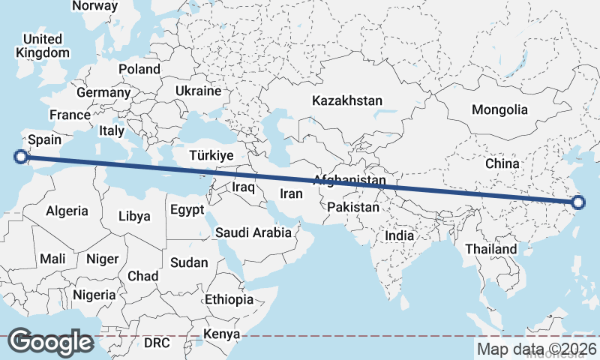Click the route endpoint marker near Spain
[21, 156]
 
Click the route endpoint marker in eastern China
[578, 202]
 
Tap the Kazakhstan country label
[348, 100]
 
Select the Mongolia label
[499, 109]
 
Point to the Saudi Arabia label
[253, 232]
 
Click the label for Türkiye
[212, 155]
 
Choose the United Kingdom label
[43, 46]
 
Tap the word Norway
[94, 6]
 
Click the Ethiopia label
[229, 299]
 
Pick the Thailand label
[490, 249]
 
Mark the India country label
[399, 235]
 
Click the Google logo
[50, 342]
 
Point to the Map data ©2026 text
[537, 349]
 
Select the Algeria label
[67, 211]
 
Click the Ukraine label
[198, 91]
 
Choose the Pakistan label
[353, 206]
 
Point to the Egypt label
[187, 210]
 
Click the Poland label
[139, 69]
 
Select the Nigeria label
[95, 295]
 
